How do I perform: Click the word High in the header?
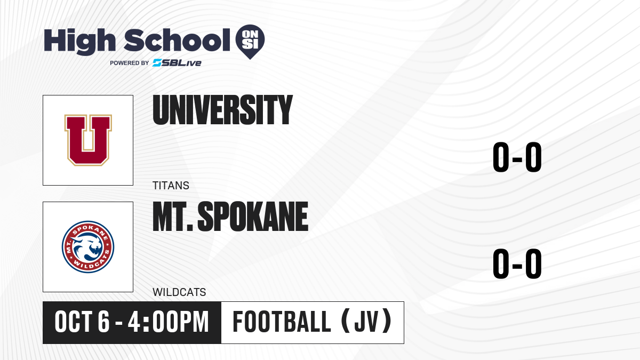click(79, 41)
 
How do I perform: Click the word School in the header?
click(177, 40)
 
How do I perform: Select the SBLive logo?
click(177, 63)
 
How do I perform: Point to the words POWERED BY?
click(130, 63)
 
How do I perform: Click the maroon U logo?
click(88, 140)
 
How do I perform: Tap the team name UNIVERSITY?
click(222, 110)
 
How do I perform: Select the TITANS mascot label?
click(171, 186)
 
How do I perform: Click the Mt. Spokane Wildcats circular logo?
click(88, 247)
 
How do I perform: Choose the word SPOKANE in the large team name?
click(253, 217)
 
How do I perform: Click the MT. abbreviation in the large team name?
click(173, 217)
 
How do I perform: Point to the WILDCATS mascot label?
click(179, 292)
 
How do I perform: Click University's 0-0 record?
click(517, 157)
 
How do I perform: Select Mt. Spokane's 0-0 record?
click(517, 263)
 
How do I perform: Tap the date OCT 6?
click(82, 322)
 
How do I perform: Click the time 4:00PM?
click(169, 322)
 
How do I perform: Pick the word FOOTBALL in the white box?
click(282, 322)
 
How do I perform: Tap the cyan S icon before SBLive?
click(157, 63)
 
